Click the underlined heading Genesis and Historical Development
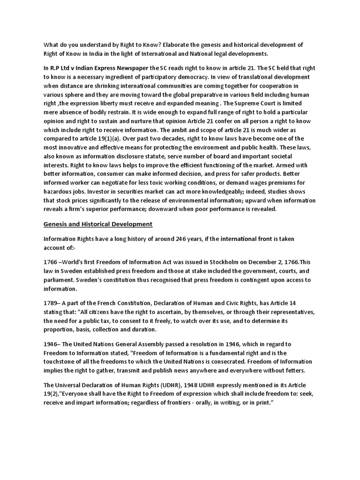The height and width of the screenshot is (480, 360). point(98,224)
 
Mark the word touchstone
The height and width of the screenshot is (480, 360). point(63,361)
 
